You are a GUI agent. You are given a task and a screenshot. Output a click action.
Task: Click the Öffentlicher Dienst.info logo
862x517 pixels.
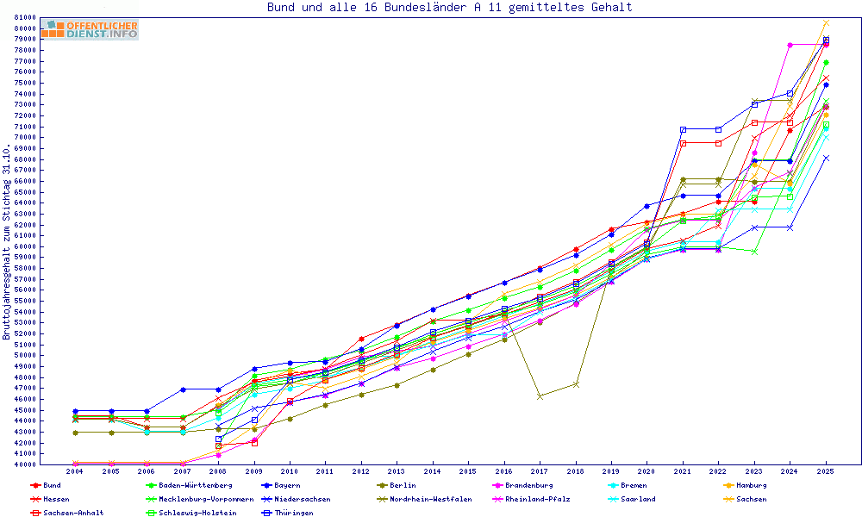90,30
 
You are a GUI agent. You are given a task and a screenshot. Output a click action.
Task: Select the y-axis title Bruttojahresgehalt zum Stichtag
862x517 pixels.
7,242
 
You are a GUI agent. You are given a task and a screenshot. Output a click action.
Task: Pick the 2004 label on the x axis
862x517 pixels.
75,472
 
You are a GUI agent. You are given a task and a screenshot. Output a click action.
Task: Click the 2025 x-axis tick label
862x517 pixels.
826,472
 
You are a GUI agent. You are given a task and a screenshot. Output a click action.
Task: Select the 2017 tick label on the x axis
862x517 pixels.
540,472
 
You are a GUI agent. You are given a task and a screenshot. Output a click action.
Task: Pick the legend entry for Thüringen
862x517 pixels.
294,514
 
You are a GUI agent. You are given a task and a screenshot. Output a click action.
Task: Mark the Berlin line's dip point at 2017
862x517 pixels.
540,396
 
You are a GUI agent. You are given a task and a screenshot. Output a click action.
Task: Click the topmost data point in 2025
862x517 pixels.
826,22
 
